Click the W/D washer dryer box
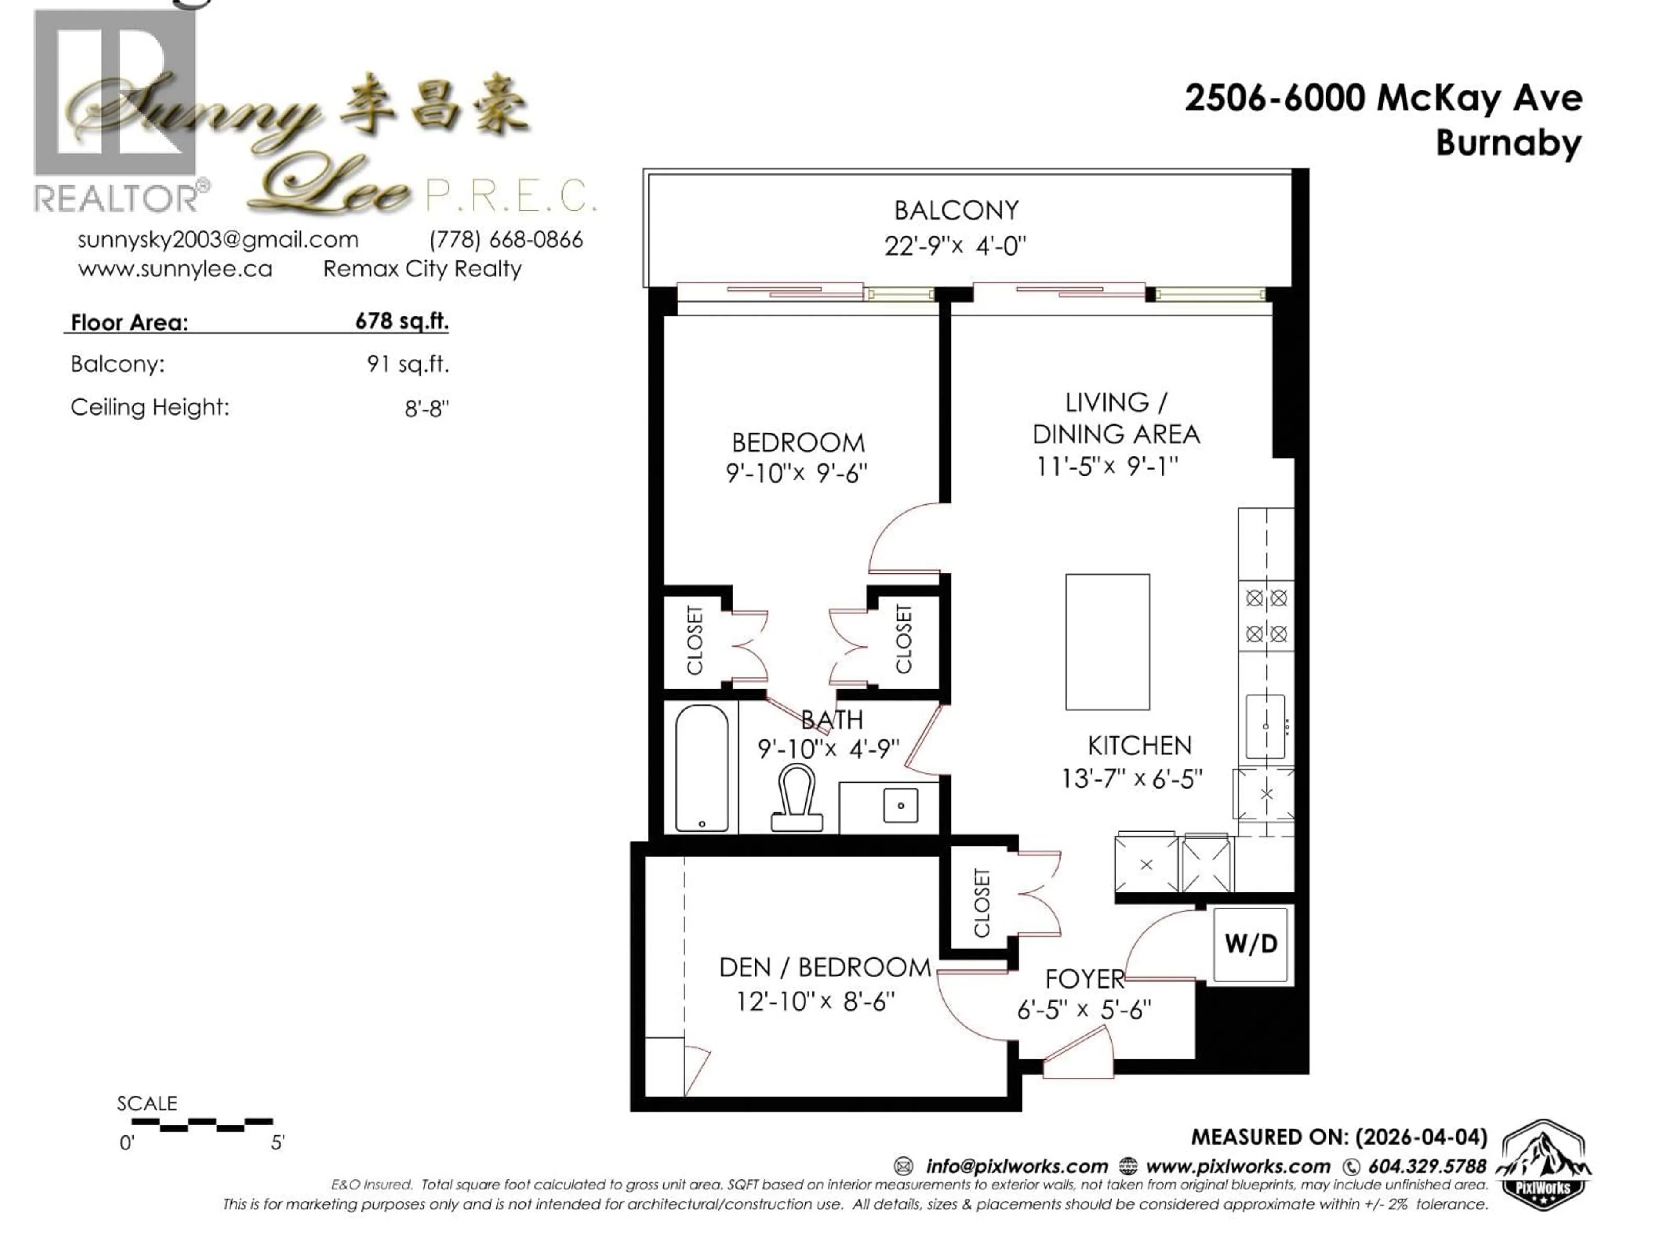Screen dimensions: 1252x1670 1250,944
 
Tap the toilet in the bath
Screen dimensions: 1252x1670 796,800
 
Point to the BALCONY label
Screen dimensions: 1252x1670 956,210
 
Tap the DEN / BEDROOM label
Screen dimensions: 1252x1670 825,968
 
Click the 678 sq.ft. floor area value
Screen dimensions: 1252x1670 402,322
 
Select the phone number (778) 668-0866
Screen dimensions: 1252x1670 506,240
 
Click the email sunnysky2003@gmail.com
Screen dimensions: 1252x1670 218,240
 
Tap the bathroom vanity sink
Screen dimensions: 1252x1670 900,805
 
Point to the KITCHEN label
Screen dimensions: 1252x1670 1139,746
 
